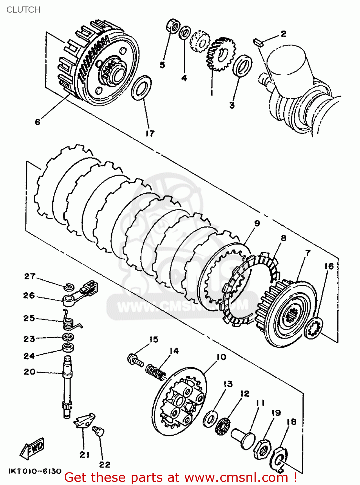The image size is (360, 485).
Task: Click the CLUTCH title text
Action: [23, 10]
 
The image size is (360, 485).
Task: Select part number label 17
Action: [150, 133]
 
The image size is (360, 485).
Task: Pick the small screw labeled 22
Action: [98, 431]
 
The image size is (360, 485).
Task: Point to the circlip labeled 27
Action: [69, 286]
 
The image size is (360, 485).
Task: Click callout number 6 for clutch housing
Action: [38, 122]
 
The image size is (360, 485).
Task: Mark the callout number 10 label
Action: [221, 357]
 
